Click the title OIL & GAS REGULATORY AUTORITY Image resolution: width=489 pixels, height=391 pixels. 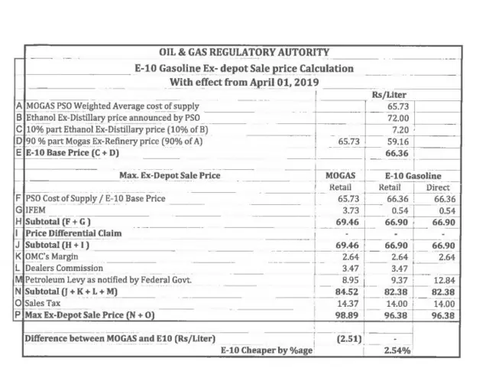point(244,53)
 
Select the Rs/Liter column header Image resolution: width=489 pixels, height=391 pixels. point(398,94)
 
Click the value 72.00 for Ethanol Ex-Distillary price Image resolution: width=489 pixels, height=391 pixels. point(398,118)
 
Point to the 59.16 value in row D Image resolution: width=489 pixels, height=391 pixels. point(398,142)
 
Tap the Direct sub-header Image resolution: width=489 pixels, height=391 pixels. point(438,187)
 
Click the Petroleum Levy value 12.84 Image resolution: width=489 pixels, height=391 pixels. point(443,280)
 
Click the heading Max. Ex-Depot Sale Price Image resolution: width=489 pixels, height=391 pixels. point(170,175)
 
